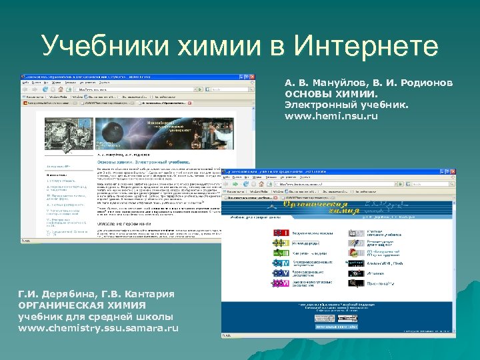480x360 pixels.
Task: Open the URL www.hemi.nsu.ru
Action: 331,116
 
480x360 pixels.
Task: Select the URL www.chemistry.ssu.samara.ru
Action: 99,329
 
